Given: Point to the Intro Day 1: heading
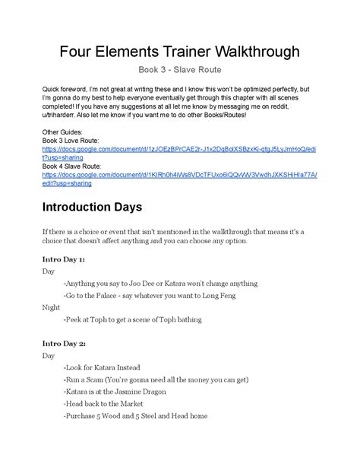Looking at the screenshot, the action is pos(64,259).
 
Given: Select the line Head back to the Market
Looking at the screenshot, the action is pos(109,404).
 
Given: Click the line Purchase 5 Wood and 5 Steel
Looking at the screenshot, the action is pos(136,416).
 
